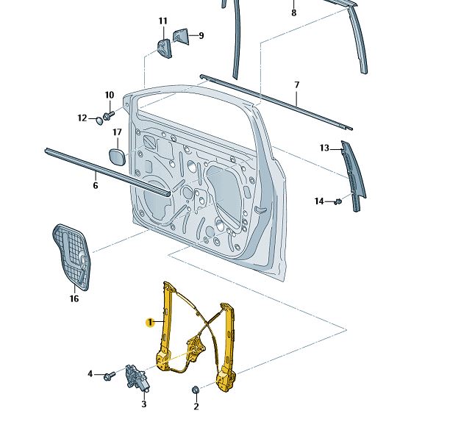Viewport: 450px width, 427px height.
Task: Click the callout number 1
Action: coord(149,322)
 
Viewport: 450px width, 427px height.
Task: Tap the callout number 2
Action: coord(196,406)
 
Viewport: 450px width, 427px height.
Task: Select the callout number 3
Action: coord(144,403)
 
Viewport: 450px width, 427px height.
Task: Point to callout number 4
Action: coord(91,374)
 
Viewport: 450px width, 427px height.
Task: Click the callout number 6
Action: coord(95,186)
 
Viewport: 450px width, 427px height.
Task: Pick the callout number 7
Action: coord(296,85)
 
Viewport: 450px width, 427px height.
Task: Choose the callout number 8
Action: coord(293,13)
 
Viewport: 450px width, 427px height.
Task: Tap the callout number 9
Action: coord(201,35)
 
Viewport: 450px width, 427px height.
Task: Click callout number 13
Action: coord(324,148)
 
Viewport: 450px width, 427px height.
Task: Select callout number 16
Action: coord(74,298)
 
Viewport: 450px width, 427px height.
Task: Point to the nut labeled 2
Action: coord(196,390)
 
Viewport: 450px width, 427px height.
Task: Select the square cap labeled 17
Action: coord(117,157)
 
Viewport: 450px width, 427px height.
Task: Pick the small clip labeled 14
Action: coord(339,201)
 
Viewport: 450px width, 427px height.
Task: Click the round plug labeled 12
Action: coord(98,118)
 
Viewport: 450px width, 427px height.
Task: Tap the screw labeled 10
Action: coord(110,115)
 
